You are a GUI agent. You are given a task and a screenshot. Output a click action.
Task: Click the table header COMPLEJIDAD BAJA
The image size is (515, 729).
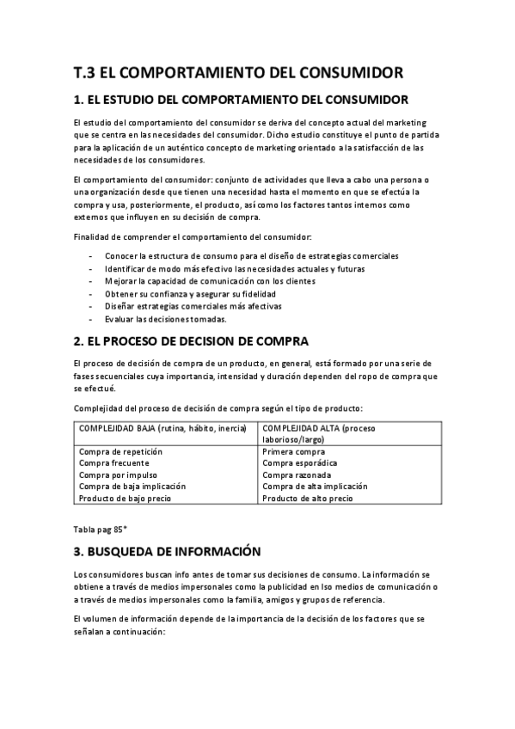point(162,427)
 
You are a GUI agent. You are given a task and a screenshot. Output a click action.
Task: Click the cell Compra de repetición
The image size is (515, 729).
point(120,451)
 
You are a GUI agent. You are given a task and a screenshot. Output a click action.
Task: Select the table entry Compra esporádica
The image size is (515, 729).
point(300,463)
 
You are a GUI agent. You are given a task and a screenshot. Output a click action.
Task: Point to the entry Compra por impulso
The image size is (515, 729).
point(117,475)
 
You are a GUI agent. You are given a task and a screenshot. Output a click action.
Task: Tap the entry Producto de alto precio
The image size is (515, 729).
point(307,498)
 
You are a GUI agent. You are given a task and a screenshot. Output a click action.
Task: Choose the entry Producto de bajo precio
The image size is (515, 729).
point(125,498)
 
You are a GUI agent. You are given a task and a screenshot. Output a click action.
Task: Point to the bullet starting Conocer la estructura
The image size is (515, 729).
point(252,256)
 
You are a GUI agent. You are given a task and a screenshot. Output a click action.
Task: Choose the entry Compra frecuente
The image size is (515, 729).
point(113,463)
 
